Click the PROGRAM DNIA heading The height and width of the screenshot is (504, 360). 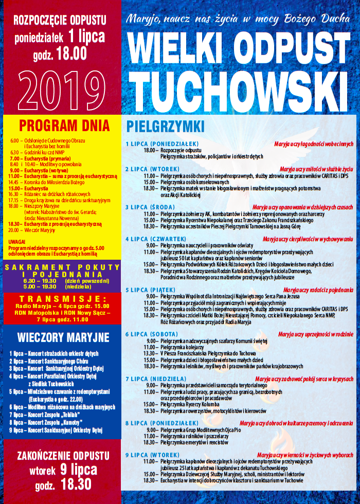(x=64, y=126)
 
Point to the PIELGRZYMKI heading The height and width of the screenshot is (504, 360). (x=165, y=127)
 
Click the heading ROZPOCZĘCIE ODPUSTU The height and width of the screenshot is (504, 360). (x=60, y=20)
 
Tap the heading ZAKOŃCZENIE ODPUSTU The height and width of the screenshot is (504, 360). (x=63, y=456)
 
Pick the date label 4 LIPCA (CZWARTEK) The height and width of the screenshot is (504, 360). (x=154, y=239)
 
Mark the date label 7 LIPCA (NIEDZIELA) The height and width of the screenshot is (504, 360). (x=156, y=379)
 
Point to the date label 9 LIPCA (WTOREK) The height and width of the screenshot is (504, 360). (x=152, y=455)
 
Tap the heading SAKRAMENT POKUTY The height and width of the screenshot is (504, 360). (x=63, y=267)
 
